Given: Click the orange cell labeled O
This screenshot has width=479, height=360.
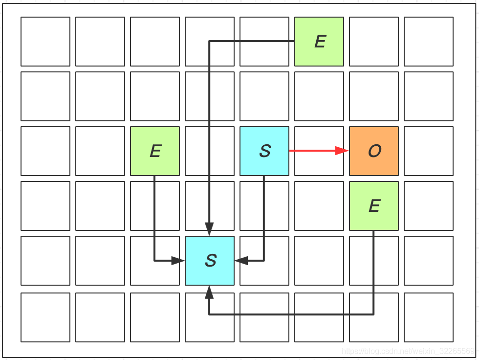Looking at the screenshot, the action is pos(374,151).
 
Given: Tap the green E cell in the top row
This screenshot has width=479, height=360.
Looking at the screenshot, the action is pos(319,42).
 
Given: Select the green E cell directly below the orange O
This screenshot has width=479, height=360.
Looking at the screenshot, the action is pos(374,206).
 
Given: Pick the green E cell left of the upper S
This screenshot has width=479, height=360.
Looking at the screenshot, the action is pos(155,151).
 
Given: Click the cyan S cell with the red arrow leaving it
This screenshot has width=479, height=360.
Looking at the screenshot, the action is pos(264,151).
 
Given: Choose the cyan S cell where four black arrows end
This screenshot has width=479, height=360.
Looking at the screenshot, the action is pos(210,261).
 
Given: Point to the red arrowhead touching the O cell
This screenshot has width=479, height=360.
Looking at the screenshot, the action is pos(342,151).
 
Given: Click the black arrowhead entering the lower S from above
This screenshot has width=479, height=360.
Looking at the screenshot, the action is pos(210,229).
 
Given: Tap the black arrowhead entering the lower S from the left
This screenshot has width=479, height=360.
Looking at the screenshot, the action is pos(178,261).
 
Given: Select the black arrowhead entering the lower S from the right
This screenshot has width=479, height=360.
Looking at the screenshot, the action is pos(241,261).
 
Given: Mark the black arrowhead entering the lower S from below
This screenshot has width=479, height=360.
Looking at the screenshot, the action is pos(210,292).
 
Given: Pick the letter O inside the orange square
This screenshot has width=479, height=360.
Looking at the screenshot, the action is pos(374,151).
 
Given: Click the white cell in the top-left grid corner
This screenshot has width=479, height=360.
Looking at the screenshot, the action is pos(45,42).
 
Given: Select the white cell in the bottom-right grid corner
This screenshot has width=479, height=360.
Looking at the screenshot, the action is pos(429,317).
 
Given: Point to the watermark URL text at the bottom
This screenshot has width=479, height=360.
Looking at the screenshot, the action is pos(408,351).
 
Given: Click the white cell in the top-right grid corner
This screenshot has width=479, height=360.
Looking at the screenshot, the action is pos(429,42).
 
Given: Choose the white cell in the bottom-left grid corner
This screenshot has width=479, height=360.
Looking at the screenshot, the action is pos(45,317).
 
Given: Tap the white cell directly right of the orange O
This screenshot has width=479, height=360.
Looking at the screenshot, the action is pos(429,151).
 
